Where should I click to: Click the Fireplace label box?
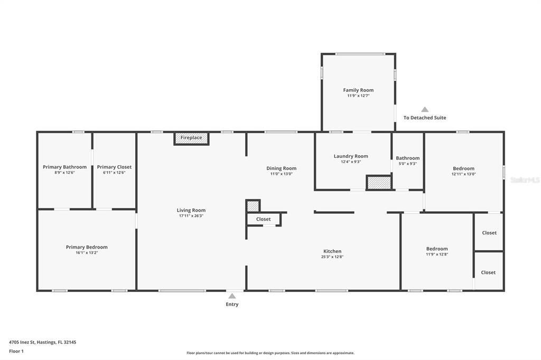(x=191, y=138)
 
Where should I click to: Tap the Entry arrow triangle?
(x=232, y=296)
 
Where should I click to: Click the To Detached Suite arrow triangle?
(x=425, y=110)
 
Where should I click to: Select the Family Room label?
(x=358, y=90)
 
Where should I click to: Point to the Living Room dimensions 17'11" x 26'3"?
(x=191, y=216)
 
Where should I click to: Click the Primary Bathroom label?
(x=64, y=167)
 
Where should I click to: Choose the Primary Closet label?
(x=114, y=167)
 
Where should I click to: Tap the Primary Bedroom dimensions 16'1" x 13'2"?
(x=87, y=253)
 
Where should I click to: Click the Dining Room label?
(x=281, y=168)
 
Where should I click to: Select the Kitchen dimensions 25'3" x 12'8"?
(x=332, y=257)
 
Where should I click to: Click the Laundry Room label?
(x=351, y=156)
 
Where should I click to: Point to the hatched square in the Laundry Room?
(x=378, y=183)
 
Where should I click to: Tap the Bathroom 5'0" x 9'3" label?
(x=408, y=158)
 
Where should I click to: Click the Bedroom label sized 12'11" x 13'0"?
(x=463, y=168)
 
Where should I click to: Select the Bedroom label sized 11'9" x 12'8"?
(x=437, y=249)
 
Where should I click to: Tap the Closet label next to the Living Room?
(x=263, y=219)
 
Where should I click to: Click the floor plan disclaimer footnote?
(x=270, y=353)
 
